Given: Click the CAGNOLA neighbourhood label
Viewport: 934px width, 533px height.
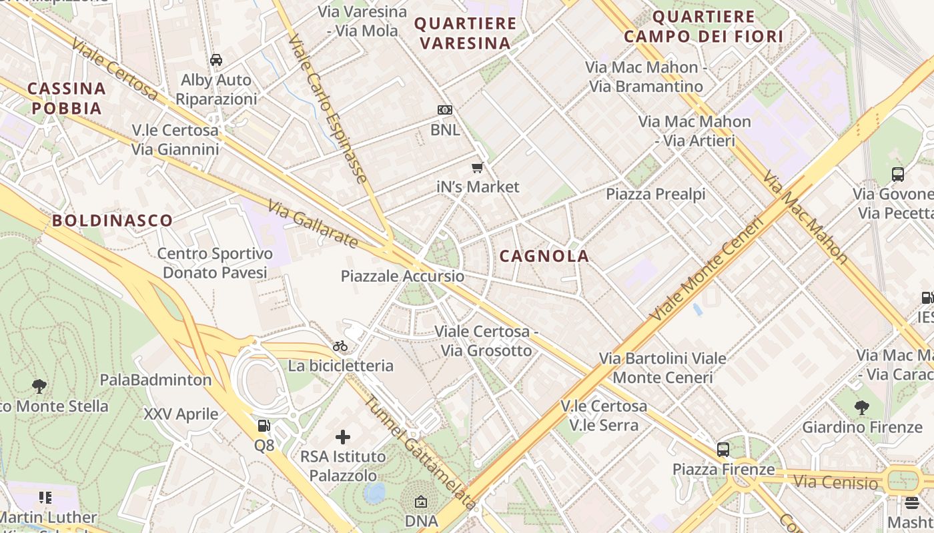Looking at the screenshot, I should click(x=544, y=256).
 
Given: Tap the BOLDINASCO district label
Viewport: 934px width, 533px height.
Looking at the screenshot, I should click(x=112, y=221).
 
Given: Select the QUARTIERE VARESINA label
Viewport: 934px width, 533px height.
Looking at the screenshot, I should click(x=465, y=33).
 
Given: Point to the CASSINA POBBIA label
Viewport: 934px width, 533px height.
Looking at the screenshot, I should click(x=67, y=98).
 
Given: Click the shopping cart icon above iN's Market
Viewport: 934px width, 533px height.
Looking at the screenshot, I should click(x=477, y=167).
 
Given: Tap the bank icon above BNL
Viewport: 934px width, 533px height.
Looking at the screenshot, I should click(x=444, y=110).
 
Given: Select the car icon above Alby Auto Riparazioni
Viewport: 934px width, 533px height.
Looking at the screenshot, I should click(x=216, y=60).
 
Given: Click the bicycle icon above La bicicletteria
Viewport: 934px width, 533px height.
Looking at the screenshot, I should click(x=340, y=346).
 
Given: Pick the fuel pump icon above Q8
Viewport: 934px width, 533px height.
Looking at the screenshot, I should click(x=264, y=425).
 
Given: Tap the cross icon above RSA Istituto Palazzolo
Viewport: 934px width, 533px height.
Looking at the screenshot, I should click(x=343, y=437).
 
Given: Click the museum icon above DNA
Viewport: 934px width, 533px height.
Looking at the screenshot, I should click(x=421, y=502).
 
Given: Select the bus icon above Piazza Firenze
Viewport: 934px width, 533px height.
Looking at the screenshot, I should click(x=723, y=449).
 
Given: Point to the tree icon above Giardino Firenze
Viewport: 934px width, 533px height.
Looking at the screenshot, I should click(x=862, y=407).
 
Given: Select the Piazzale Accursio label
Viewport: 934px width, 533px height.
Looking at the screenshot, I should click(x=402, y=276).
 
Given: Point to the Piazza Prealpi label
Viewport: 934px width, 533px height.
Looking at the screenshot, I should click(x=655, y=194).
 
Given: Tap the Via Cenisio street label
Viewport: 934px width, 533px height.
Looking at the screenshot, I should click(x=836, y=481).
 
